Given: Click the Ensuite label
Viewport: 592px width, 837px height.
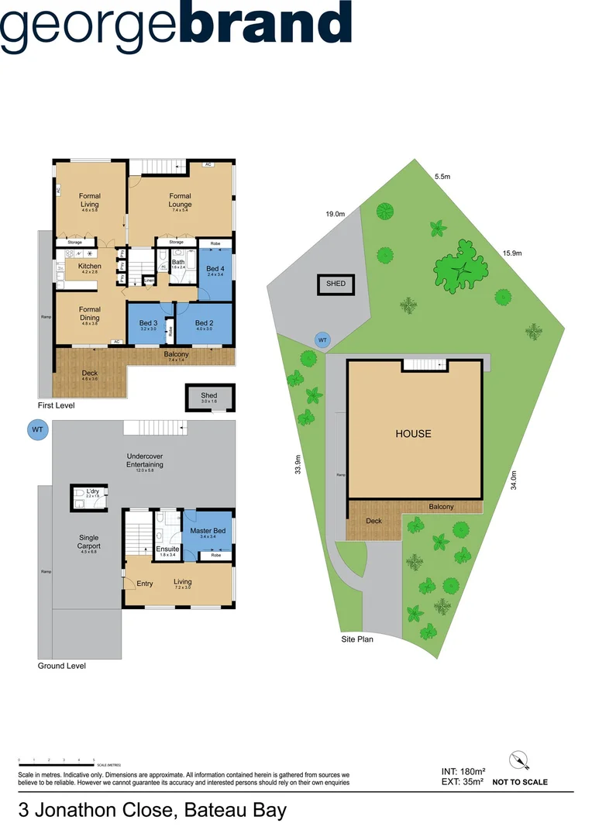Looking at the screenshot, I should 168,551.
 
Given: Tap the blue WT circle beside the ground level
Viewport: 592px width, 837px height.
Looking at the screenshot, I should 36,429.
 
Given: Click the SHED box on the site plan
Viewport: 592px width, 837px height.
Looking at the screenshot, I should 336,284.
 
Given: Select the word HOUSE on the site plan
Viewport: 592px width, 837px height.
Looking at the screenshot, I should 413,434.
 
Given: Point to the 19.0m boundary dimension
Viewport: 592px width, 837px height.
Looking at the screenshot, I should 335,214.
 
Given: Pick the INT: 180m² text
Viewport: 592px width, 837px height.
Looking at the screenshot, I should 462,771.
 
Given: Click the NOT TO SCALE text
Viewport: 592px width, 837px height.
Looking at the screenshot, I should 520,783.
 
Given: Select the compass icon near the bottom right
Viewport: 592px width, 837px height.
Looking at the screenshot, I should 519,761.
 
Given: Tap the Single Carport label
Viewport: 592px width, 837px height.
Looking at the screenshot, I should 90,541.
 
